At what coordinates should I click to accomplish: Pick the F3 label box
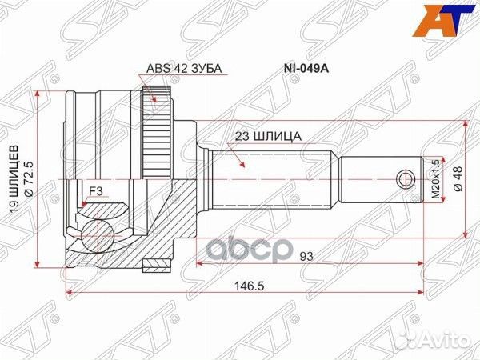click(95, 190)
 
